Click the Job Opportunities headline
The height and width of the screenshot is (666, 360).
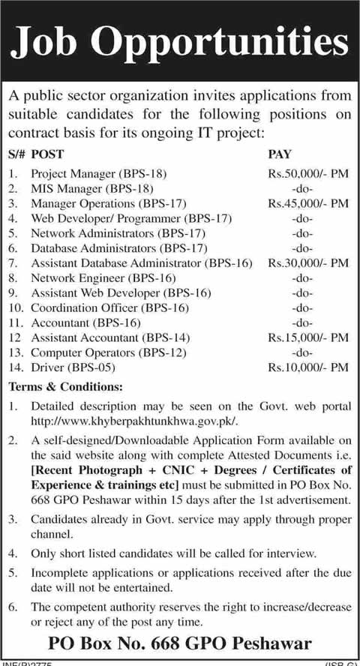pos(180,43)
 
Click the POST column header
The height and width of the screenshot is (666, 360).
pos(49,157)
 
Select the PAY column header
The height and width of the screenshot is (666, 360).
pos(280,157)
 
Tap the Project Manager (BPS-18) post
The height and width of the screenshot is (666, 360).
pos(98,173)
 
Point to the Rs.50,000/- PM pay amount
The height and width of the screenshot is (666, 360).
pos(307,173)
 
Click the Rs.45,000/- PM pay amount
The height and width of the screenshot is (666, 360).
pos(307,203)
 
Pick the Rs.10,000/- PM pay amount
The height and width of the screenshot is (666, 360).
pos(307,368)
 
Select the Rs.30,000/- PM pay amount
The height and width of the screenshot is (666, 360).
pos(307,263)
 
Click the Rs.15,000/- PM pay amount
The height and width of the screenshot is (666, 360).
pos(307,338)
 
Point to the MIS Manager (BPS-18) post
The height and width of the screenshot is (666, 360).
pos(91,188)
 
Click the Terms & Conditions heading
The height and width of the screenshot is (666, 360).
pos(64,387)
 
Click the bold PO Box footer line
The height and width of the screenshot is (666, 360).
pos(180,643)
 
